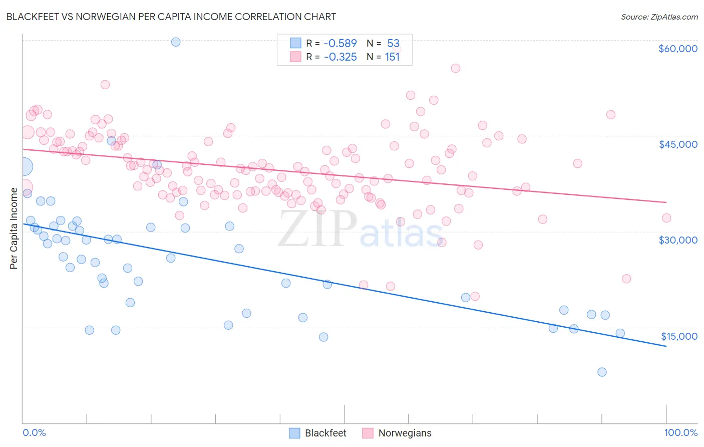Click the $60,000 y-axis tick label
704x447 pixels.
677,49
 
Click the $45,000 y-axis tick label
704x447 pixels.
677,144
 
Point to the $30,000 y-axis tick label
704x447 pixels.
677,240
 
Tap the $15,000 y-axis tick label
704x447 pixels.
678,336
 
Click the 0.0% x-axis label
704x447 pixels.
34,432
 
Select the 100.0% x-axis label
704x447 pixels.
680,432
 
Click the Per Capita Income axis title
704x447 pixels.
14,229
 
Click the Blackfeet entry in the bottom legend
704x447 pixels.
325,433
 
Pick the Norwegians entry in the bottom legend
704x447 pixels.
404,433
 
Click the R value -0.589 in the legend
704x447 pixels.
340,44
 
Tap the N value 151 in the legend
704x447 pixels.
392,57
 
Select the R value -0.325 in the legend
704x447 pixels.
340,57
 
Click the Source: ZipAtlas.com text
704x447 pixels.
659,17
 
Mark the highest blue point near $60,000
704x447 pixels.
176,42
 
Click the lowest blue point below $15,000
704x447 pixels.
602,372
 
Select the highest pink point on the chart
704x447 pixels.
455,68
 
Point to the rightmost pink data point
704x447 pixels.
666,218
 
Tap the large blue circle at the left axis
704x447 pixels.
24,166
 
